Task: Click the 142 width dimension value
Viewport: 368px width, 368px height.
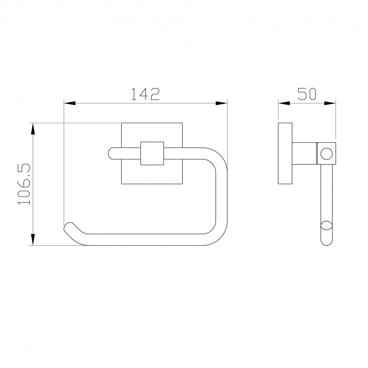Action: (146, 94)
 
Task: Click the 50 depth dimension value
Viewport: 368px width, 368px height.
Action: (307, 94)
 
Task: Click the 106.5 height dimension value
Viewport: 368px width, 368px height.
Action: (24, 184)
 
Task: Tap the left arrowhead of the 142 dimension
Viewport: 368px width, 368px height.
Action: (70, 103)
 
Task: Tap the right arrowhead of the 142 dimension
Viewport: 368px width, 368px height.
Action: (221, 103)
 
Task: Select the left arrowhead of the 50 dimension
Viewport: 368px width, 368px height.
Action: (284, 103)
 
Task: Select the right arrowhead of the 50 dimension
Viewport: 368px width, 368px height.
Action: (330, 103)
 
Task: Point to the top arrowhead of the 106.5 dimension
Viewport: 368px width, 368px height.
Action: (33, 129)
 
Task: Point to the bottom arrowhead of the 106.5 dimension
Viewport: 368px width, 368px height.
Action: (33, 239)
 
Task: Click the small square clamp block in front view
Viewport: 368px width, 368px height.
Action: (152, 153)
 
